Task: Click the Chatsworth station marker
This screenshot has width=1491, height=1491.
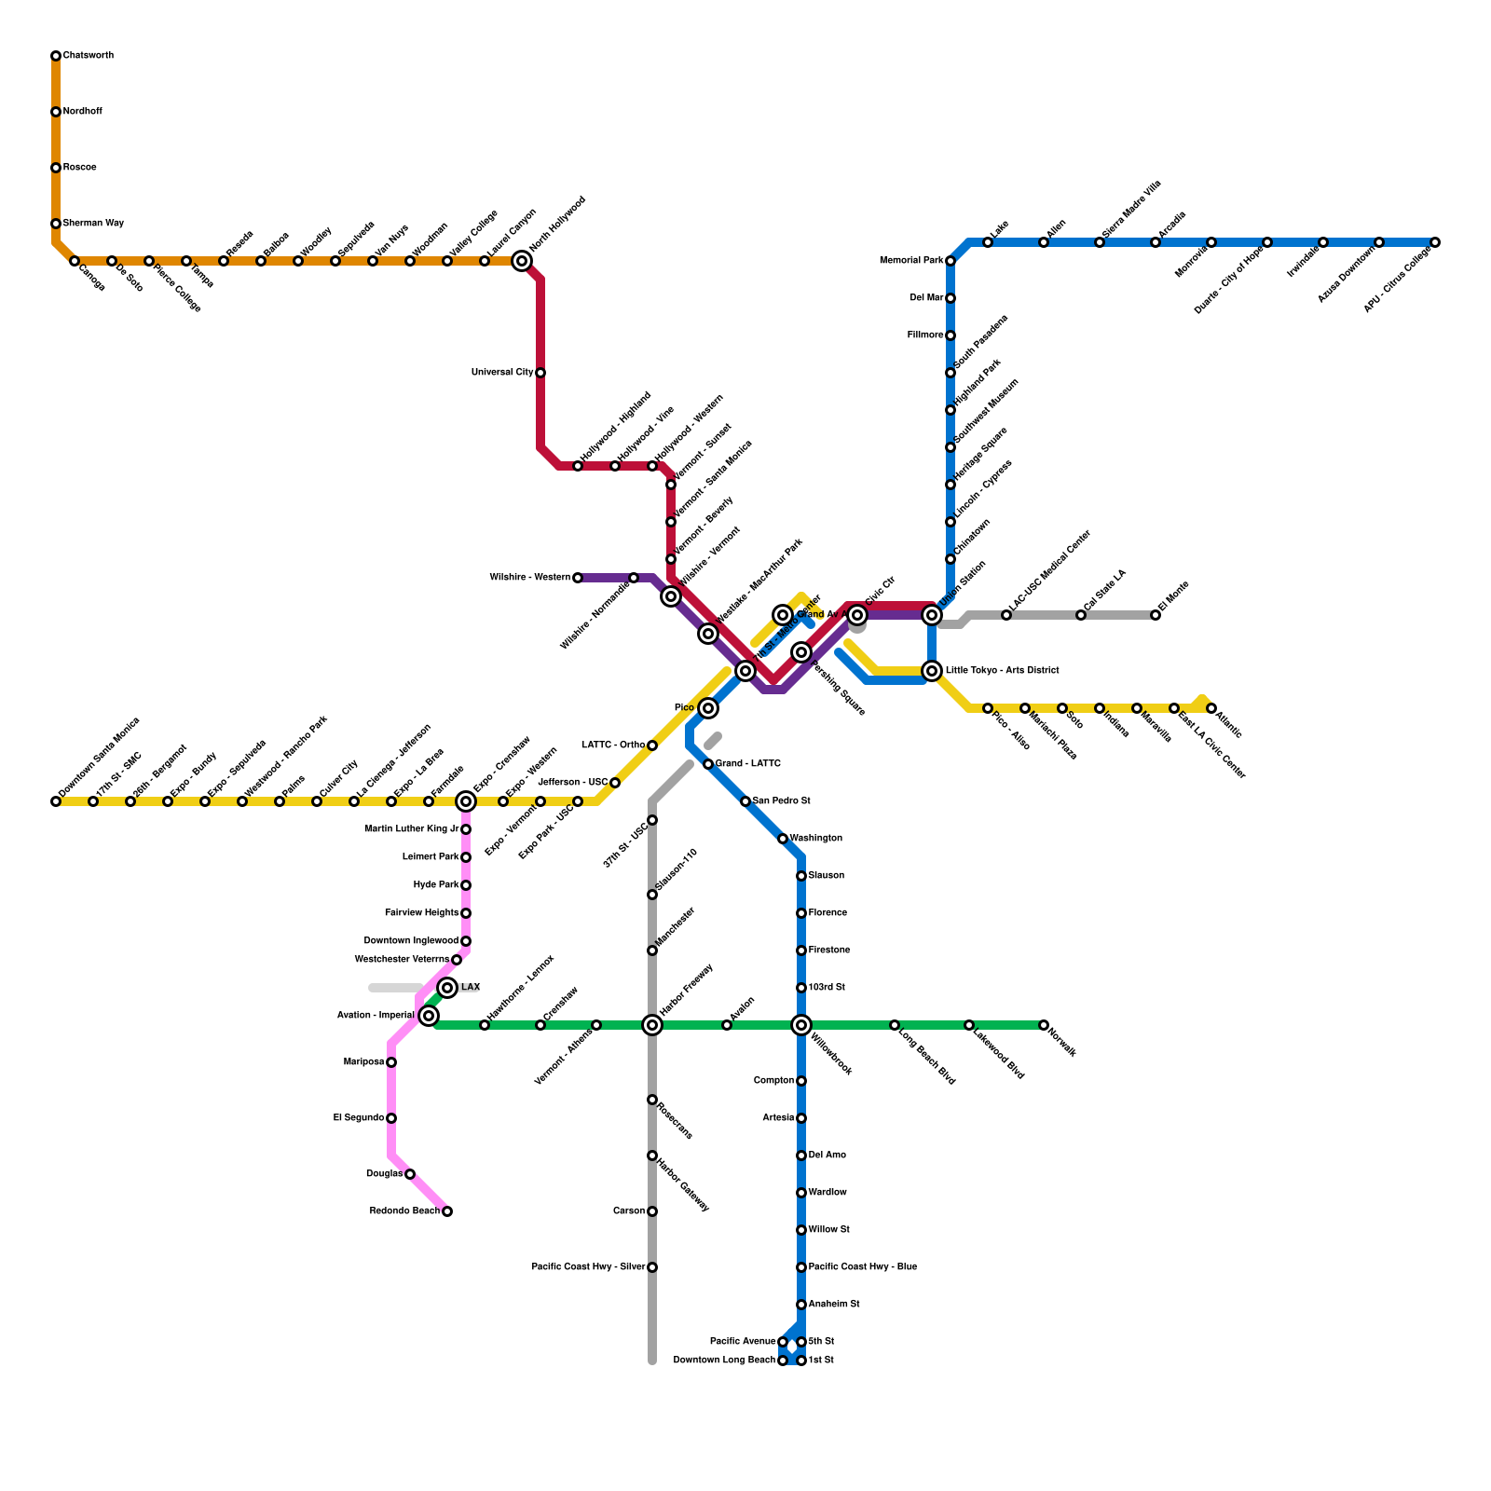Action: point(56,56)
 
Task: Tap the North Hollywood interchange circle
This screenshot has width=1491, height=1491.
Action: point(522,261)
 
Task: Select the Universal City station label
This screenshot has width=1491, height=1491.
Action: point(502,373)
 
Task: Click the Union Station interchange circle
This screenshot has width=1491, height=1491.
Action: point(932,615)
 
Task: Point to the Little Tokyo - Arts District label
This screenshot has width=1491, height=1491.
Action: point(1002,671)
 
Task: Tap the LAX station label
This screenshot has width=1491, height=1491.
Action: point(471,988)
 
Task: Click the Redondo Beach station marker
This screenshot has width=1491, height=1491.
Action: point(447,1211)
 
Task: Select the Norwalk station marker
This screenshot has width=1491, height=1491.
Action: point(1044,1025)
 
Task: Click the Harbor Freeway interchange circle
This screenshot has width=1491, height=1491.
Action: point(652,1025)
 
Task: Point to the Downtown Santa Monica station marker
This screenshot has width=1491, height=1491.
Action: point(56,801)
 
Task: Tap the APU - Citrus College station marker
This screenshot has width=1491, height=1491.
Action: point(1435,242)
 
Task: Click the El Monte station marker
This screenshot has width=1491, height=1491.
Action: point(1156,615)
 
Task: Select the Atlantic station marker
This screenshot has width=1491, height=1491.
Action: point(1211,708)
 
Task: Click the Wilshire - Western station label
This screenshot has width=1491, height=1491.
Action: point(529,578)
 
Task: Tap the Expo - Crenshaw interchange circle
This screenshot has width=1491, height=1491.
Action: point(466,801)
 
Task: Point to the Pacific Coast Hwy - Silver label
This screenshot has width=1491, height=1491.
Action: point(587,1267)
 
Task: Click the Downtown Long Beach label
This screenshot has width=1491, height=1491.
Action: point(723,1361)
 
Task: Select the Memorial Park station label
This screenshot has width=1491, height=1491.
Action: point(910,261)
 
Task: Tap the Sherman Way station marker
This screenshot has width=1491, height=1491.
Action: point(56,224)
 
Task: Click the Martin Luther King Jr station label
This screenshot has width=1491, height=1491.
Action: point(411,829)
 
